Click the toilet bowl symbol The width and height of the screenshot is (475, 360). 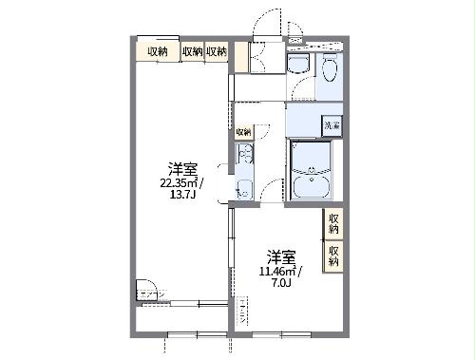coord(329,69)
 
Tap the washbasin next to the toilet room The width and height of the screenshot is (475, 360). coord(297,64)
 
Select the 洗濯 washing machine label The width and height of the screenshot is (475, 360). coord(332,124)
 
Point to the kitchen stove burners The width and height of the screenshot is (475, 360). coord(244,155)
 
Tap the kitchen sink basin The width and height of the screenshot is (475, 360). coord(244,187)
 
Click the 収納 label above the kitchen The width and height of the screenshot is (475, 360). coord(243,131)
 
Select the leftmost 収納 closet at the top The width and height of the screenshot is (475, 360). coord(158,51)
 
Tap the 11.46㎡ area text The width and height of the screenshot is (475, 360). coord(278,270)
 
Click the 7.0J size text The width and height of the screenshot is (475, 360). coord(279,281)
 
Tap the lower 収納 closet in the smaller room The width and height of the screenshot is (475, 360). coord(333,254)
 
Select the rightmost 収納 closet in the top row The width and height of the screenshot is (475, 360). coord(216,51)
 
